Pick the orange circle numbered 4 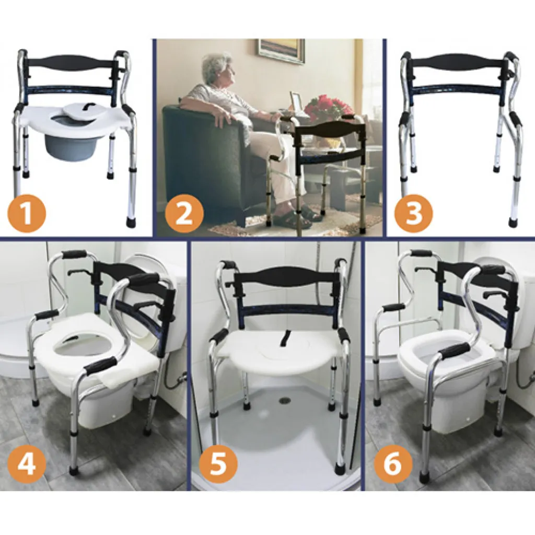(x=27, y=463)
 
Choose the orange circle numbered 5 (x=218, y=463)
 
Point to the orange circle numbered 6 (x=393, y=463)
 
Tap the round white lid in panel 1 (x=80, y=110)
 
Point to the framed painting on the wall (x=281, y=51)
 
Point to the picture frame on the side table (x=296, y=102)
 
